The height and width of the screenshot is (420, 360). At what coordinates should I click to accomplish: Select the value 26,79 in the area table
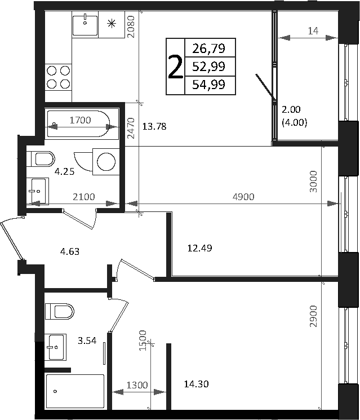(x=208, y=48)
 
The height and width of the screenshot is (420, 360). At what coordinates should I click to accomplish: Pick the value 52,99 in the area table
(x=208, y=67)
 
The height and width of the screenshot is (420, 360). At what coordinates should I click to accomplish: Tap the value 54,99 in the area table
(x=208, y=85)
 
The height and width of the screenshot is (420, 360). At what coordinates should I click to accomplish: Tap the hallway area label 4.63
(x=69, y=251)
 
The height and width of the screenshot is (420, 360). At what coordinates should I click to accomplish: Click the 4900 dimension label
(x=243, y=197)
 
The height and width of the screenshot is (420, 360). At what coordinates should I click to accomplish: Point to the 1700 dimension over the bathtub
(x=81, y=120)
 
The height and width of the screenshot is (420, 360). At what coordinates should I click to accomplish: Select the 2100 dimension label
(x=83, y=197)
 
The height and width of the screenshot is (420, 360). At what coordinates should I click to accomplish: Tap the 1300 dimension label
(x=137, y=385)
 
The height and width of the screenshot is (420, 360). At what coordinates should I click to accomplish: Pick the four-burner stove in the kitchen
(x=59, y=77)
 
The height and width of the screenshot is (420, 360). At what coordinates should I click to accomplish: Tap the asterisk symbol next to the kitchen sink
(x=112, y=24)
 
